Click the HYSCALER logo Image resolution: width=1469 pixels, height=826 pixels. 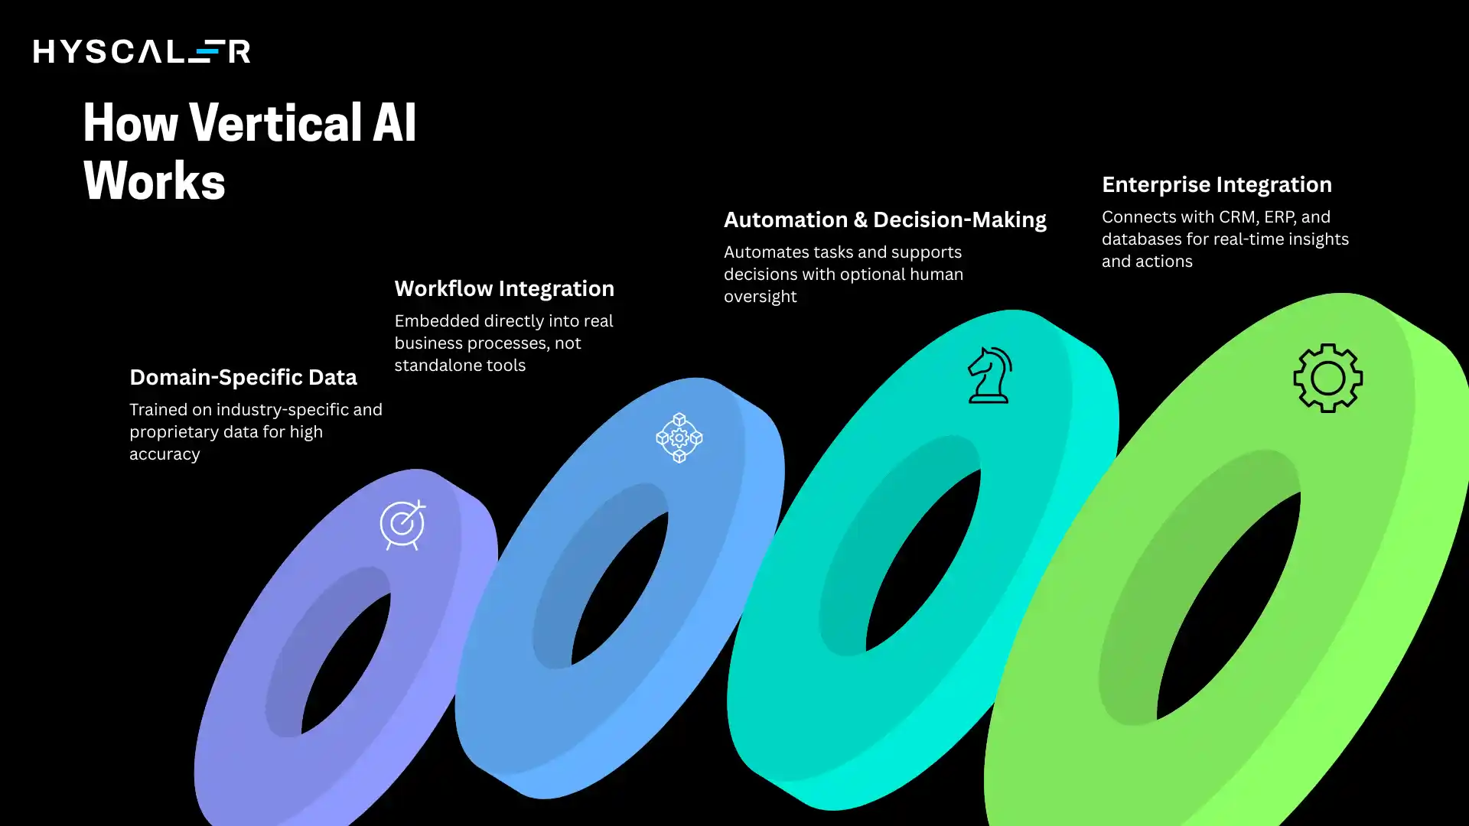coord(142,51)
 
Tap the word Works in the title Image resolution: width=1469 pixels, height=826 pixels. coord(154,181)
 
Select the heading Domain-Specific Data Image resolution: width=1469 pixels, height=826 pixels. coord(243,377)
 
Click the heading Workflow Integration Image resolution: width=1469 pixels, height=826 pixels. coord(503,288)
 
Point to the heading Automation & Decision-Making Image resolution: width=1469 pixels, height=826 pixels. coord(884,220)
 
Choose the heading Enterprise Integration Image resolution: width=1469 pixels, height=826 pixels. coord(1216,184)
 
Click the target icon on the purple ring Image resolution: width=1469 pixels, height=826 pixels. coord(402,525)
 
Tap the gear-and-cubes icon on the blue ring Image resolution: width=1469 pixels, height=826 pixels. coord(679,437)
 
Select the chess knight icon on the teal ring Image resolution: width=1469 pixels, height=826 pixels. coord(989,375)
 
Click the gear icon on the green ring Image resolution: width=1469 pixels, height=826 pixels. coord(1327,378)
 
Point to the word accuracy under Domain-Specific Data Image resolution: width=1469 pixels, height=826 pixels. coord(164,454)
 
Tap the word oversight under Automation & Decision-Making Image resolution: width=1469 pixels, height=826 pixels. coord(760,297)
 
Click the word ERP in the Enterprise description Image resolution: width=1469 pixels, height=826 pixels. coord(1279,217)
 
